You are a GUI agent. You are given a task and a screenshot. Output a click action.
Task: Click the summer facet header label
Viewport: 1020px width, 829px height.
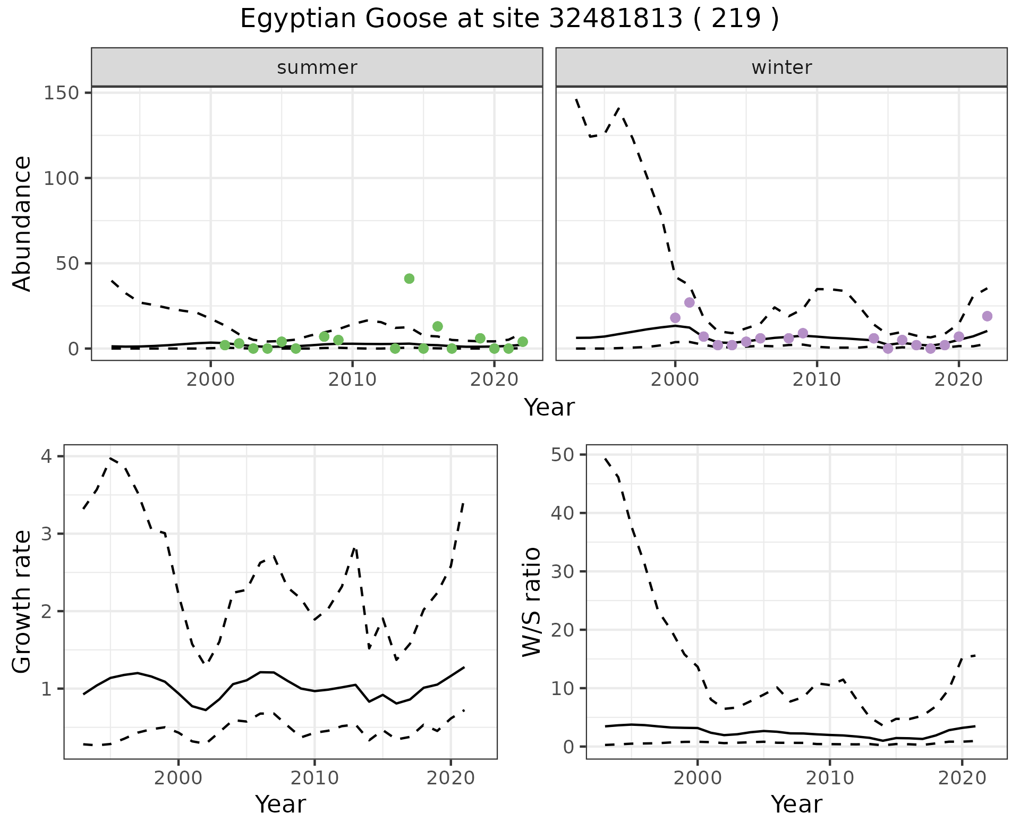317,67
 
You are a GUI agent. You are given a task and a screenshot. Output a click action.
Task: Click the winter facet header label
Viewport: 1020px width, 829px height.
781,67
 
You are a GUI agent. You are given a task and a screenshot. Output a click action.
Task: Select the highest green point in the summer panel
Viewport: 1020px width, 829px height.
409,278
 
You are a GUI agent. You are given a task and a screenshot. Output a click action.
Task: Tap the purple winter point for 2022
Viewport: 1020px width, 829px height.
987,316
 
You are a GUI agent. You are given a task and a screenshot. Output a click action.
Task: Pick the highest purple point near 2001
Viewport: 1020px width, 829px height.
690,302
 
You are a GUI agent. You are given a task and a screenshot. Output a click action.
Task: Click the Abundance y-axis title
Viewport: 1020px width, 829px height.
22,223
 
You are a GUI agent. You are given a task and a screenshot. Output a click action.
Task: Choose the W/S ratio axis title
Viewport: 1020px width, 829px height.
531,602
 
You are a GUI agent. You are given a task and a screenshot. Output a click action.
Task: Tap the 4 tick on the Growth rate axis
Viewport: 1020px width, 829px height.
51,456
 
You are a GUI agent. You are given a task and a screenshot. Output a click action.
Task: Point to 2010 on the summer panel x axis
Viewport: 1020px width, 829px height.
352,380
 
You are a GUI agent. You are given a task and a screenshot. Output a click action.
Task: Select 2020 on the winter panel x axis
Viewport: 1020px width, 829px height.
959,380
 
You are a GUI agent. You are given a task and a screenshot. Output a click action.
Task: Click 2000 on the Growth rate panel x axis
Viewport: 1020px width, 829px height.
178,779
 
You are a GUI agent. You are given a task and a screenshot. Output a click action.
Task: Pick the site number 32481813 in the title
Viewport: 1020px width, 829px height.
615,19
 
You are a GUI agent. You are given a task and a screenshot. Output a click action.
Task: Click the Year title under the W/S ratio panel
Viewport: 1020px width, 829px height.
796,805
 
